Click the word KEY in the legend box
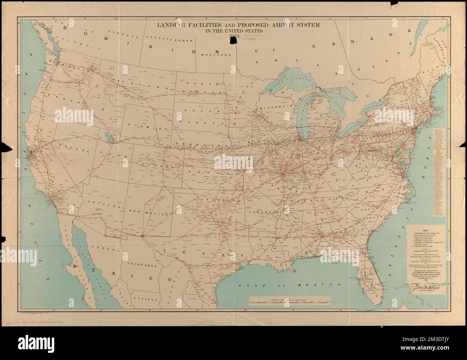point(426,231)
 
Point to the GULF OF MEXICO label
point(289,284)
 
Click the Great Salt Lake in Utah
point(106,137)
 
